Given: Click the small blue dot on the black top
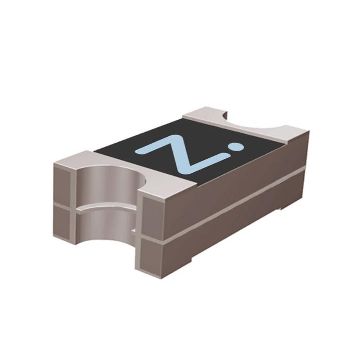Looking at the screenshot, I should [235, 147].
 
